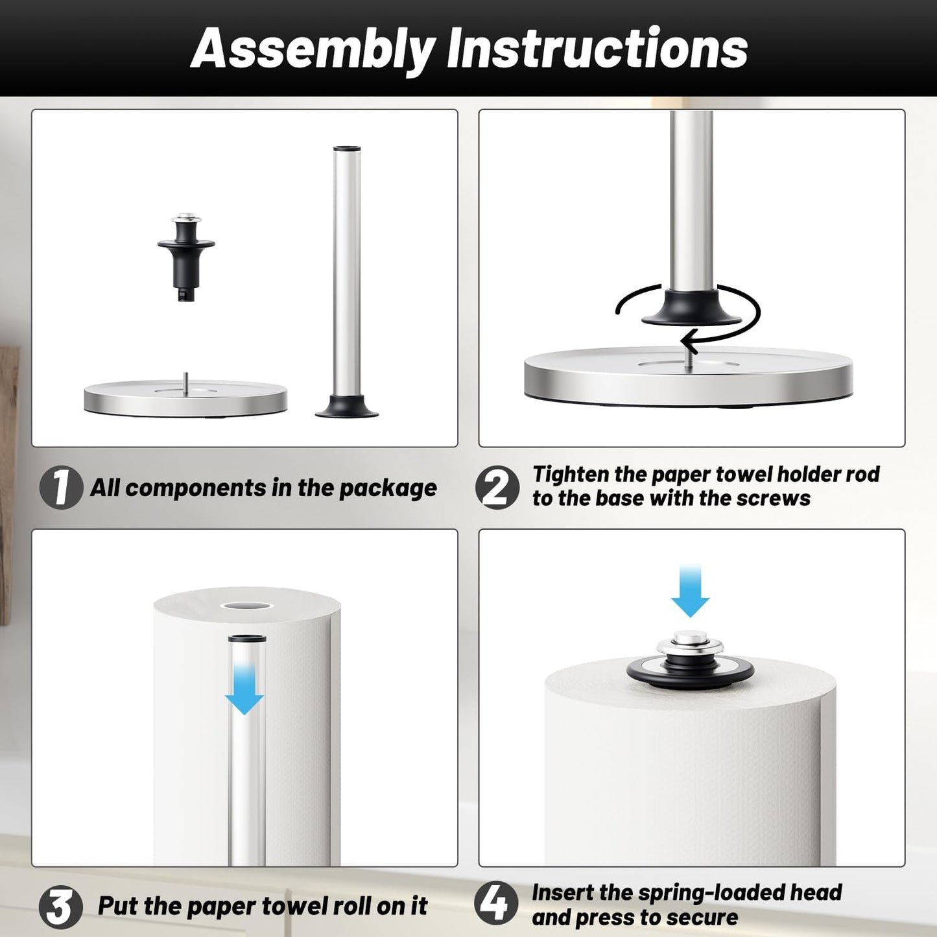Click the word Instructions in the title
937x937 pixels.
click(x=597, y=49)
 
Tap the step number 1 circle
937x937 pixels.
click(x=61, y=487)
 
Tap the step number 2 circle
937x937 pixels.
click(x=497, y=487)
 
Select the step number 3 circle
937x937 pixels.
click(x=60, y=907)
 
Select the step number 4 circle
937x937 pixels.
click(x=496, y=904)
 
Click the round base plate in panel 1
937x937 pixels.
click(x=185, y=399)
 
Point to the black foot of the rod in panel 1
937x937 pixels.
click(x=347, y=408)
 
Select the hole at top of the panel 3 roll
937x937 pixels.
click(x=246, y=606)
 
